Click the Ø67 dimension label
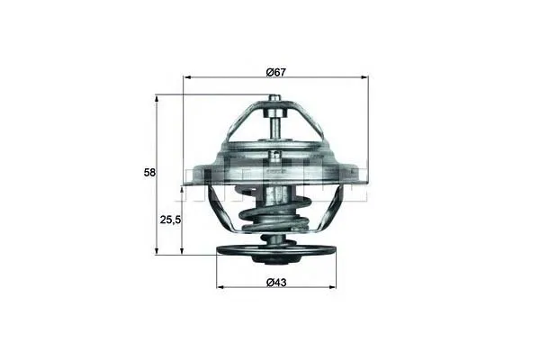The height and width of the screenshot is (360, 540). point(276,72)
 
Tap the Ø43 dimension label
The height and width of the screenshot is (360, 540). point(276,283)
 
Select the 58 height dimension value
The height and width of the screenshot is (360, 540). point(149,172)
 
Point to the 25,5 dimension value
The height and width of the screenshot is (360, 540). point(170,220)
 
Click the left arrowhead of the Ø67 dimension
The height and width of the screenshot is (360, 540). point(188,77)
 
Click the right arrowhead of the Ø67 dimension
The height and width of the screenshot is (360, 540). point(364,77)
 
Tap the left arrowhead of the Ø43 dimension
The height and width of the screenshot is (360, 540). point(220,286)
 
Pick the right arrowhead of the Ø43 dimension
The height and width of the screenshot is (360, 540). point(332,286)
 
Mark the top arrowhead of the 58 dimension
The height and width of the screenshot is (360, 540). point(157,100)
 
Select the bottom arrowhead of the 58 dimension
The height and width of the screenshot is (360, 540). point(157,250)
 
